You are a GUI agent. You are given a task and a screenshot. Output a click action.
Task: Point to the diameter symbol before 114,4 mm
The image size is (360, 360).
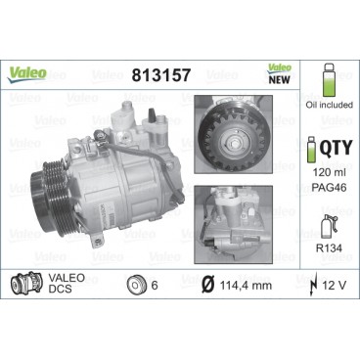[x=206, y=285]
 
